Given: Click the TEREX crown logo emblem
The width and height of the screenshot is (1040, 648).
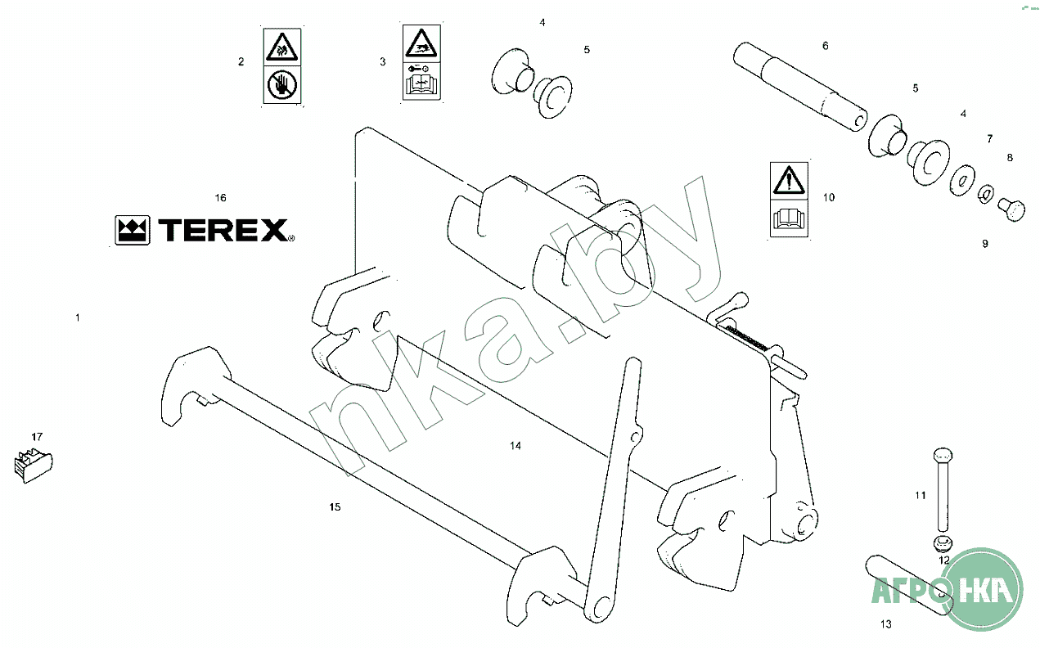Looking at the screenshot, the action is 133,230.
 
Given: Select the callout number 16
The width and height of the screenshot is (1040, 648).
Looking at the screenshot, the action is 221,198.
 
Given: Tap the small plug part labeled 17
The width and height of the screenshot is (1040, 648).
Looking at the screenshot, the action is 34,465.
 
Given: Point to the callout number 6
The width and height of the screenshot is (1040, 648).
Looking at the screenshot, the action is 825,46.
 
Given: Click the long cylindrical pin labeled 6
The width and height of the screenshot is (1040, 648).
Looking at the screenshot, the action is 799,87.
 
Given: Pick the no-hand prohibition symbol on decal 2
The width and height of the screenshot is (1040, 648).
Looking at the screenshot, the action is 281,85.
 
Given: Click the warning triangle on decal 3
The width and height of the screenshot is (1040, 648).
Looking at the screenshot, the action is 421,43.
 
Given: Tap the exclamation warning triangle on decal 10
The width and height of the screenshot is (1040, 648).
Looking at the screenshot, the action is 789,181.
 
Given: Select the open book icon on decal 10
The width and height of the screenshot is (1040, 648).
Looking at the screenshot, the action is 789,218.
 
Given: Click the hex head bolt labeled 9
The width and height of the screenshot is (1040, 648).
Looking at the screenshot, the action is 1011,210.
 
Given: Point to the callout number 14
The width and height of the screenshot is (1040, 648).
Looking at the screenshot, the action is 515,446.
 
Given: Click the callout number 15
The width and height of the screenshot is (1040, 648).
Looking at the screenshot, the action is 335,507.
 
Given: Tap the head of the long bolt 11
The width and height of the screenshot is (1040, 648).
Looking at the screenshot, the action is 943,455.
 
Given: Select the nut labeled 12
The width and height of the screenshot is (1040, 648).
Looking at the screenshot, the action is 943,542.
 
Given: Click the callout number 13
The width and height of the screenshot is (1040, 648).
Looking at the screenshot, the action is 886,624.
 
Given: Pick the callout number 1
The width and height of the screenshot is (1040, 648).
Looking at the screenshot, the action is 78,317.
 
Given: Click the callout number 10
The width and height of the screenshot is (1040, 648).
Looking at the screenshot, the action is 829,197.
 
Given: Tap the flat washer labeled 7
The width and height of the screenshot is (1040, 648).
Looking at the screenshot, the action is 962,180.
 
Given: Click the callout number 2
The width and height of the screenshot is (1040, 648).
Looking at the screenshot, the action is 241,61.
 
